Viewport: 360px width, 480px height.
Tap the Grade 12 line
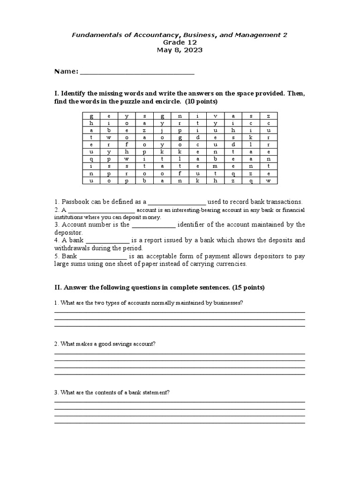tap(180, 42)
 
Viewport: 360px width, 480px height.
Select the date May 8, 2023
tap(180, 50)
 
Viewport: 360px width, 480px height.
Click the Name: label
tap(66, 71)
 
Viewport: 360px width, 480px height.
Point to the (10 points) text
tap(200, 101)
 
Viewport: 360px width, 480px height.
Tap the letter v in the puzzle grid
tap(215, 116)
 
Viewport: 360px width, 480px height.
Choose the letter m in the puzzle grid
tap(215, 166)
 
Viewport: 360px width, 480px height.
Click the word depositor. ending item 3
tap(68, 232)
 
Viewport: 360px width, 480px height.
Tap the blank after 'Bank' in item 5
tap(103, 256)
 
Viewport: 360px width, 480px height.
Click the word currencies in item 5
tap(230, 264)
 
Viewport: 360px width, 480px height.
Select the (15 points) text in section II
tap(246, 287)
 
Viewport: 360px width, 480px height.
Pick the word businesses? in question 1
tap(228, 303)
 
